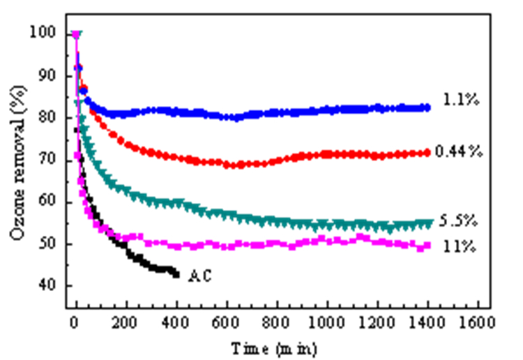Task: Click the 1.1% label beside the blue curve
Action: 462,100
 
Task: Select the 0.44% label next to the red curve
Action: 459,152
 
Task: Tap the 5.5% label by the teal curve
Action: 458,220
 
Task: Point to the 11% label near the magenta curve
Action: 460,246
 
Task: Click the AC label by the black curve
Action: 200,276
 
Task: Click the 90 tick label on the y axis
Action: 47,76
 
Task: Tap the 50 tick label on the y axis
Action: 47,243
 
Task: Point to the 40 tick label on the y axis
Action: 47,285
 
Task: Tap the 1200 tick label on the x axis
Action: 377,322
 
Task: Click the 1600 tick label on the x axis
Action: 478,322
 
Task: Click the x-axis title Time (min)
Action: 275,349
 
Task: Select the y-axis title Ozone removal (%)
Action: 17,163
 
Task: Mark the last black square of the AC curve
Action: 176,275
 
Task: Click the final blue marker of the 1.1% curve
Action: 427,107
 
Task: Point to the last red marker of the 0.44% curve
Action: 426,153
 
